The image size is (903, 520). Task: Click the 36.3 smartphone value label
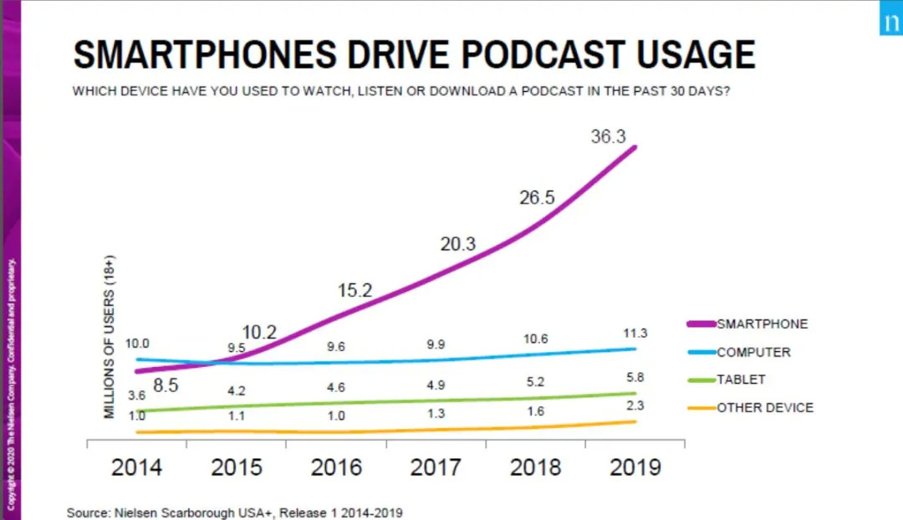coord(608,137)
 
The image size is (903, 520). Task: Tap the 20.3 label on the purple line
coord(457,244)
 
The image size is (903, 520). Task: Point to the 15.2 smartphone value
coord(355,291)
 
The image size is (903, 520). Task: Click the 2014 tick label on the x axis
coord(136,466)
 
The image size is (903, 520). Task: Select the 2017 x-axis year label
coord(436,466)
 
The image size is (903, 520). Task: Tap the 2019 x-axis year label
coord(635,466)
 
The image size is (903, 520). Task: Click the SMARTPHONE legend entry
coord(762,324)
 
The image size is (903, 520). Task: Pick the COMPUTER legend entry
coord(752,352)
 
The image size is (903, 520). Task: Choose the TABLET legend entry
coord(740,380)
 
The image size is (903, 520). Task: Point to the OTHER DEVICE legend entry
coord(764,407)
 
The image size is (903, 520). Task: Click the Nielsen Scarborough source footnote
coord(241,512)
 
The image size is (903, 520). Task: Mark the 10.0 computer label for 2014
coord(137,344)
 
